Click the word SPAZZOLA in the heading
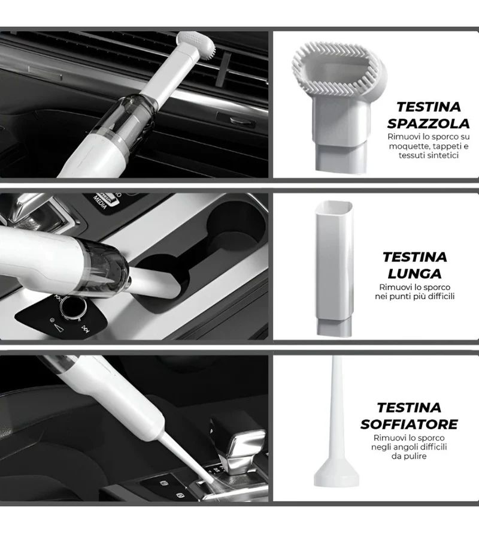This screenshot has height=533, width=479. pos(429,124)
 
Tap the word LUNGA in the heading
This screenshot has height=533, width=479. pos(414,273)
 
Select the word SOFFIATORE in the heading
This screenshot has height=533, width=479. pos(409,424)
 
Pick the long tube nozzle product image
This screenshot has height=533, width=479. pos(334,268)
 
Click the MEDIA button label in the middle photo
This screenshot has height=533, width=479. pos(101,202)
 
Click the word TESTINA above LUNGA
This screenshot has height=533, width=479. pos(414,257)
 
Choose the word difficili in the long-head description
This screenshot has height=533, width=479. pos(441,296)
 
